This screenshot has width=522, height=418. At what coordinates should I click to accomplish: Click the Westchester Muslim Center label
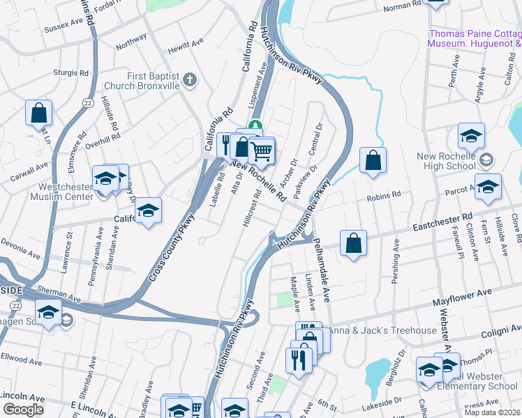(46, 192)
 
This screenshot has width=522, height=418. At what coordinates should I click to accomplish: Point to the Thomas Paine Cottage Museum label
(475, 38)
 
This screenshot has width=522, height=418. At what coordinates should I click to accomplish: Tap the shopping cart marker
(261, 150)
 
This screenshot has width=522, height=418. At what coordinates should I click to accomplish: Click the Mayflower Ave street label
(458, 301)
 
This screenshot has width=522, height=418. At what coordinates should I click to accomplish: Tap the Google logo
(23, 409)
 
